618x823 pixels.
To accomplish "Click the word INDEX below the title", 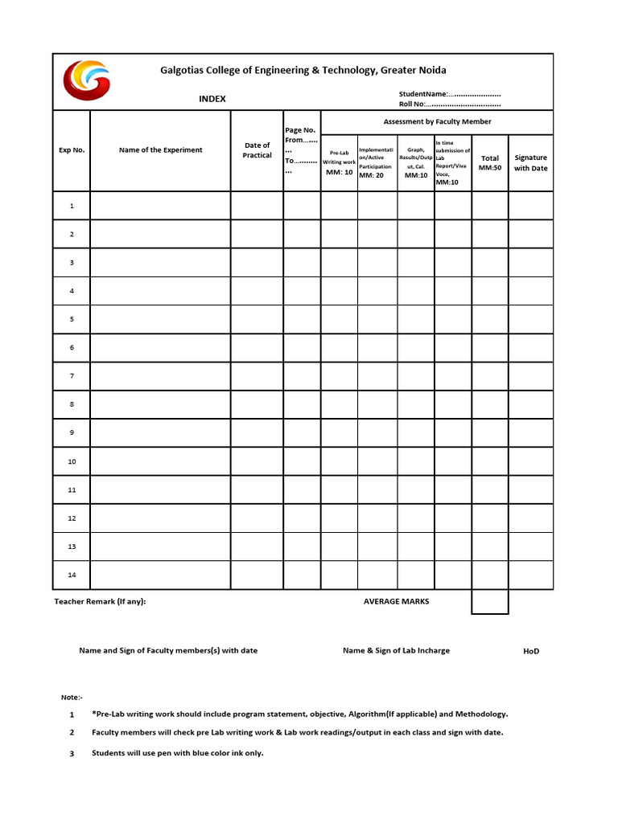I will point(212,99).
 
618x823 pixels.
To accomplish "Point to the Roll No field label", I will point(413,104).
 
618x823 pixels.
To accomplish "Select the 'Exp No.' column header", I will point(72,149).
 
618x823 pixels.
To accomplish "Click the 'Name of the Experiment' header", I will point(161,149).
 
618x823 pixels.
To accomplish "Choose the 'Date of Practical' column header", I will point(257,150).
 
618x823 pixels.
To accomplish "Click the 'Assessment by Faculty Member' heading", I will point(437,121).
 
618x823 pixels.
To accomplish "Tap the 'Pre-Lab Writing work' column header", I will point(339,162).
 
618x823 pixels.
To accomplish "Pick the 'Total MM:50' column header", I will point(490,162).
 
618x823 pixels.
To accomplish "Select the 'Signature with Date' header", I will point(531,162).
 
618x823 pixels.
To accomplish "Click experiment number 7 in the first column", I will point(72,376).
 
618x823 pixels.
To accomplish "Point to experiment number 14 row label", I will point(72,575).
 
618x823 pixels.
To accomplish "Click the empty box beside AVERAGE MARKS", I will point(490,602).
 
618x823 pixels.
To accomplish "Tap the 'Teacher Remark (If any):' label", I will point(100,601).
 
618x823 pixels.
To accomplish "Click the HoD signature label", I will point(531,651).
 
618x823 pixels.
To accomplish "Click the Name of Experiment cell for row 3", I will point(161,262).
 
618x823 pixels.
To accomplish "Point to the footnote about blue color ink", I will point(178,753).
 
